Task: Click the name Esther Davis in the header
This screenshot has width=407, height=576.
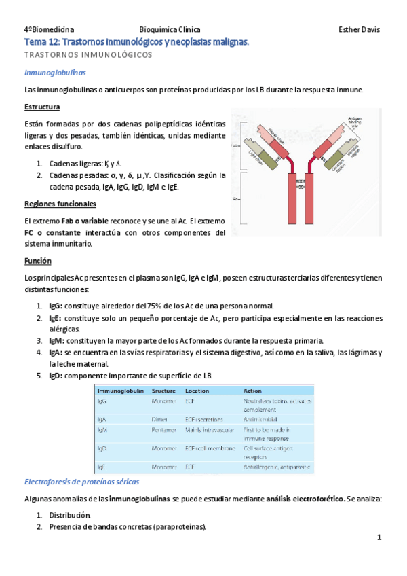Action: pos(359,30)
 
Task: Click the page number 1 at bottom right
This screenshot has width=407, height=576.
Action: pos(380,538)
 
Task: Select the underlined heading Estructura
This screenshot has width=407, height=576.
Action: pos(42,107)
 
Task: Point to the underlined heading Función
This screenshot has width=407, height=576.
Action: pos(38,261)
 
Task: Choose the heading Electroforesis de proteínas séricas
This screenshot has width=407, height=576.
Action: pos(81,481)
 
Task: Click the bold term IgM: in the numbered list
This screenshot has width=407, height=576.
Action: pos(57,340)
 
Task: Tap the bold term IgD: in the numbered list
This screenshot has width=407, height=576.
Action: pos(56,376)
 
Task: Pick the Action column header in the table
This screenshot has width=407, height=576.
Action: pos(252,391)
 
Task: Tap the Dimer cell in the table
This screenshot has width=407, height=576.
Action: pos(160,420)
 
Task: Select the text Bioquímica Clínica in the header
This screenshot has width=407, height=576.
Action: pos(170,30)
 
